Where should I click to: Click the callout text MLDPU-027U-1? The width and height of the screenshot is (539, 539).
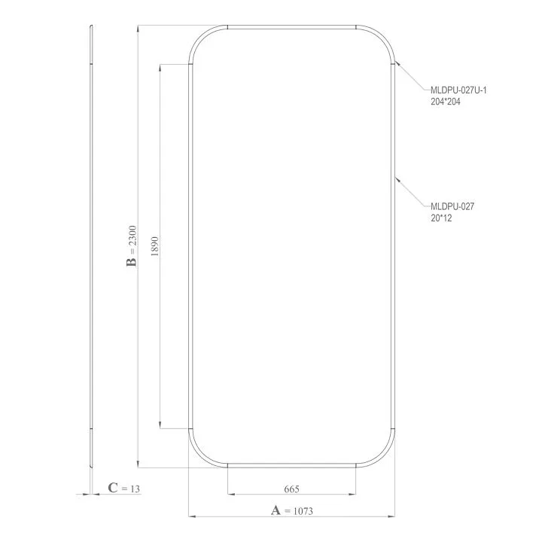(458, 90)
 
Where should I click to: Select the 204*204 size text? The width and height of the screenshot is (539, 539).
(445, 102)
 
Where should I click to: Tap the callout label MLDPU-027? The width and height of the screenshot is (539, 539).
(452, 206)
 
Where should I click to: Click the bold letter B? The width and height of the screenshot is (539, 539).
(132, 262)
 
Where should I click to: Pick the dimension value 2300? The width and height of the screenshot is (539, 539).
(132, 236)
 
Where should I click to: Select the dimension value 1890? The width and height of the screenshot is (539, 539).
(155, 246)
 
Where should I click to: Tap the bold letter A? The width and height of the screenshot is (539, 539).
(276, 510)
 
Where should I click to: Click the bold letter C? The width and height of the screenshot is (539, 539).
(113, 488)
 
